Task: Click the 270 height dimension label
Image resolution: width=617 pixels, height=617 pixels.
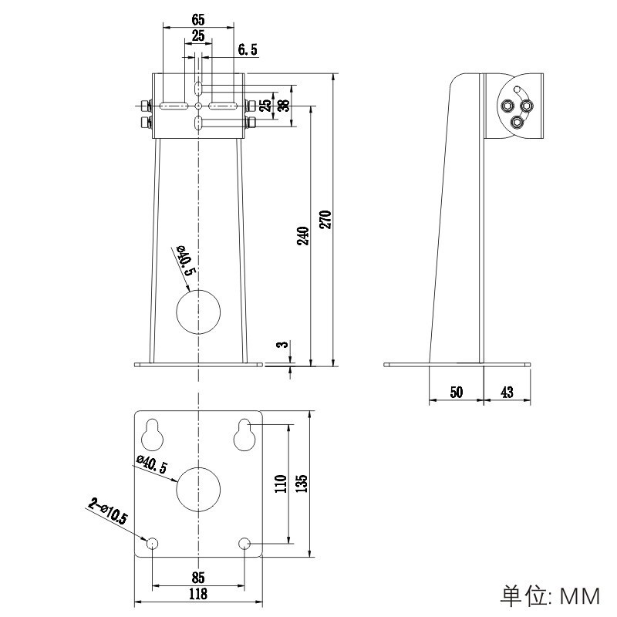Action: [x=325, y=219]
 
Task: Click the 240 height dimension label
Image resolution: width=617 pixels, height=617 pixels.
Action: [x=303, y=236]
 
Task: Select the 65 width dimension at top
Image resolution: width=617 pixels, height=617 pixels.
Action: [x=197, y=18]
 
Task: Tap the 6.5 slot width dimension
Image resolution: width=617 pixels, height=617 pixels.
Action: [x=247, y=50]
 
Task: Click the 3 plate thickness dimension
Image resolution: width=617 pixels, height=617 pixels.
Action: [x=283, y=345]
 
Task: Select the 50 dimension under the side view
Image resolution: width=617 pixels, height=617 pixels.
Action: [x=456, y=393]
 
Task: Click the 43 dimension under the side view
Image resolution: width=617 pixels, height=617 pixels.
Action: [x=507, y=393]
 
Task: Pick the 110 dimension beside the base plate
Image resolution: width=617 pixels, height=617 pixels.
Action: [x=281, y=484]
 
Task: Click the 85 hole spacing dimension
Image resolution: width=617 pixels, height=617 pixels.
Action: [x=198, y=577]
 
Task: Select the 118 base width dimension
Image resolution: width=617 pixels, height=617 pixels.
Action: [x=198, y=594]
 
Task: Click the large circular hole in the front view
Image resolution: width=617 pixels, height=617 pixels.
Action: [x=199, y=311]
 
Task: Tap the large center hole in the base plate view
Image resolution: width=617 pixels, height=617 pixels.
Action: [x=199, y=487]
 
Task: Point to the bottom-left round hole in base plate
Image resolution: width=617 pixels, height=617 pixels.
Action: [x=153, y=543]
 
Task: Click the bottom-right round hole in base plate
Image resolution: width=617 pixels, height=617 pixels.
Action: [x=245, y=543]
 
